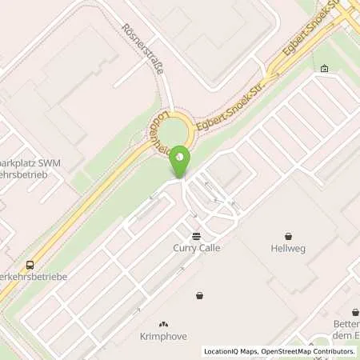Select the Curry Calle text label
[197, 248]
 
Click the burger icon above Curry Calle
[197, 235]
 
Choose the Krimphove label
[165, 336]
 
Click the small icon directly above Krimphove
[165, 324]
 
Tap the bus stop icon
[30, 265]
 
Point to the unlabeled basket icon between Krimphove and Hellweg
[199, 296]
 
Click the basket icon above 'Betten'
[354, 312]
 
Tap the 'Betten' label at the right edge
[345, 324]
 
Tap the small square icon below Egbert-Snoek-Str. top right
[323, 70]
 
